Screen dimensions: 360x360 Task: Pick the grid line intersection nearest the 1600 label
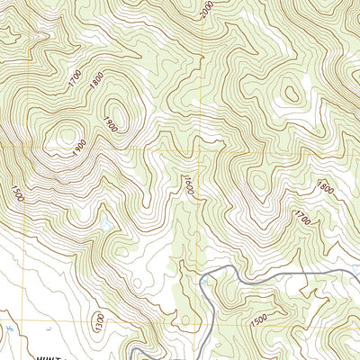(201, 148)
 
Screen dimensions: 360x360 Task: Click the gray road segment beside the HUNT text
(135, 349)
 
